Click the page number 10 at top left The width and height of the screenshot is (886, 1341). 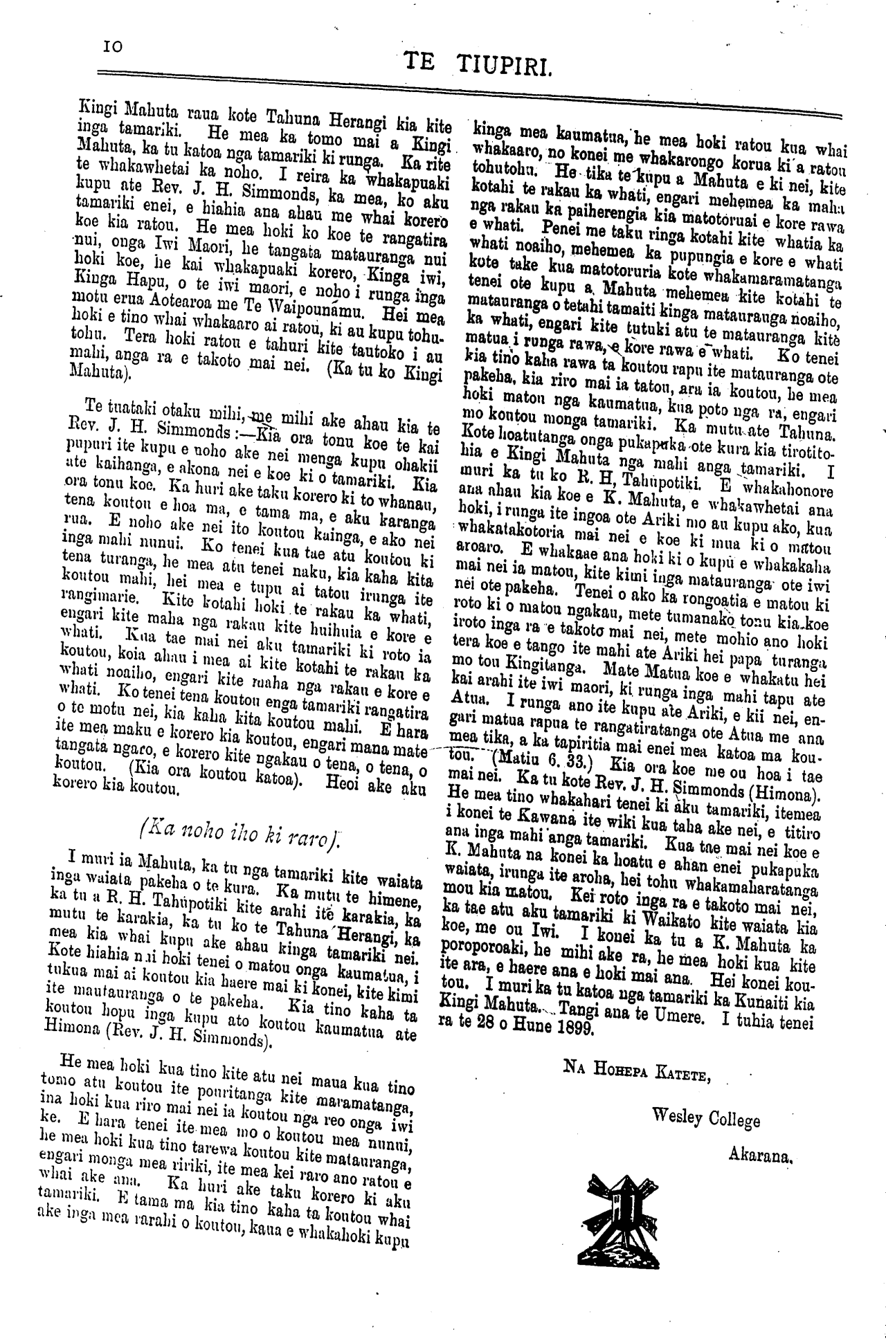click(112, 46)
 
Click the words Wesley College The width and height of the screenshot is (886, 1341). click(705, 1118)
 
